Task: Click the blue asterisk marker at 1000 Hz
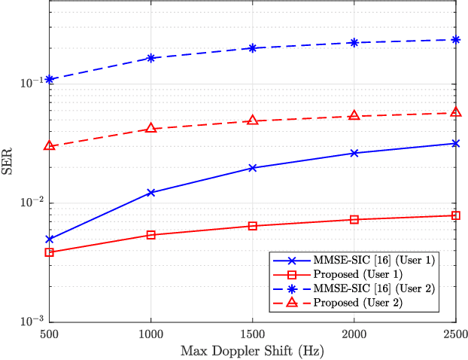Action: coord(151,58)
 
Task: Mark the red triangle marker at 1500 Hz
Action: coord(253,121)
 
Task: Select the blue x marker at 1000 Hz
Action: coord(151,193)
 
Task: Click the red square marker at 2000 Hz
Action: coord(354,220)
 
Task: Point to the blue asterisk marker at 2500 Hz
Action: coord(455,40)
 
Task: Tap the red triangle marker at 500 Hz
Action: coord(50,145)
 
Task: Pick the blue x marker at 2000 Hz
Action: coord(354,153)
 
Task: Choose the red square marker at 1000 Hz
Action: coord(151,235)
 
